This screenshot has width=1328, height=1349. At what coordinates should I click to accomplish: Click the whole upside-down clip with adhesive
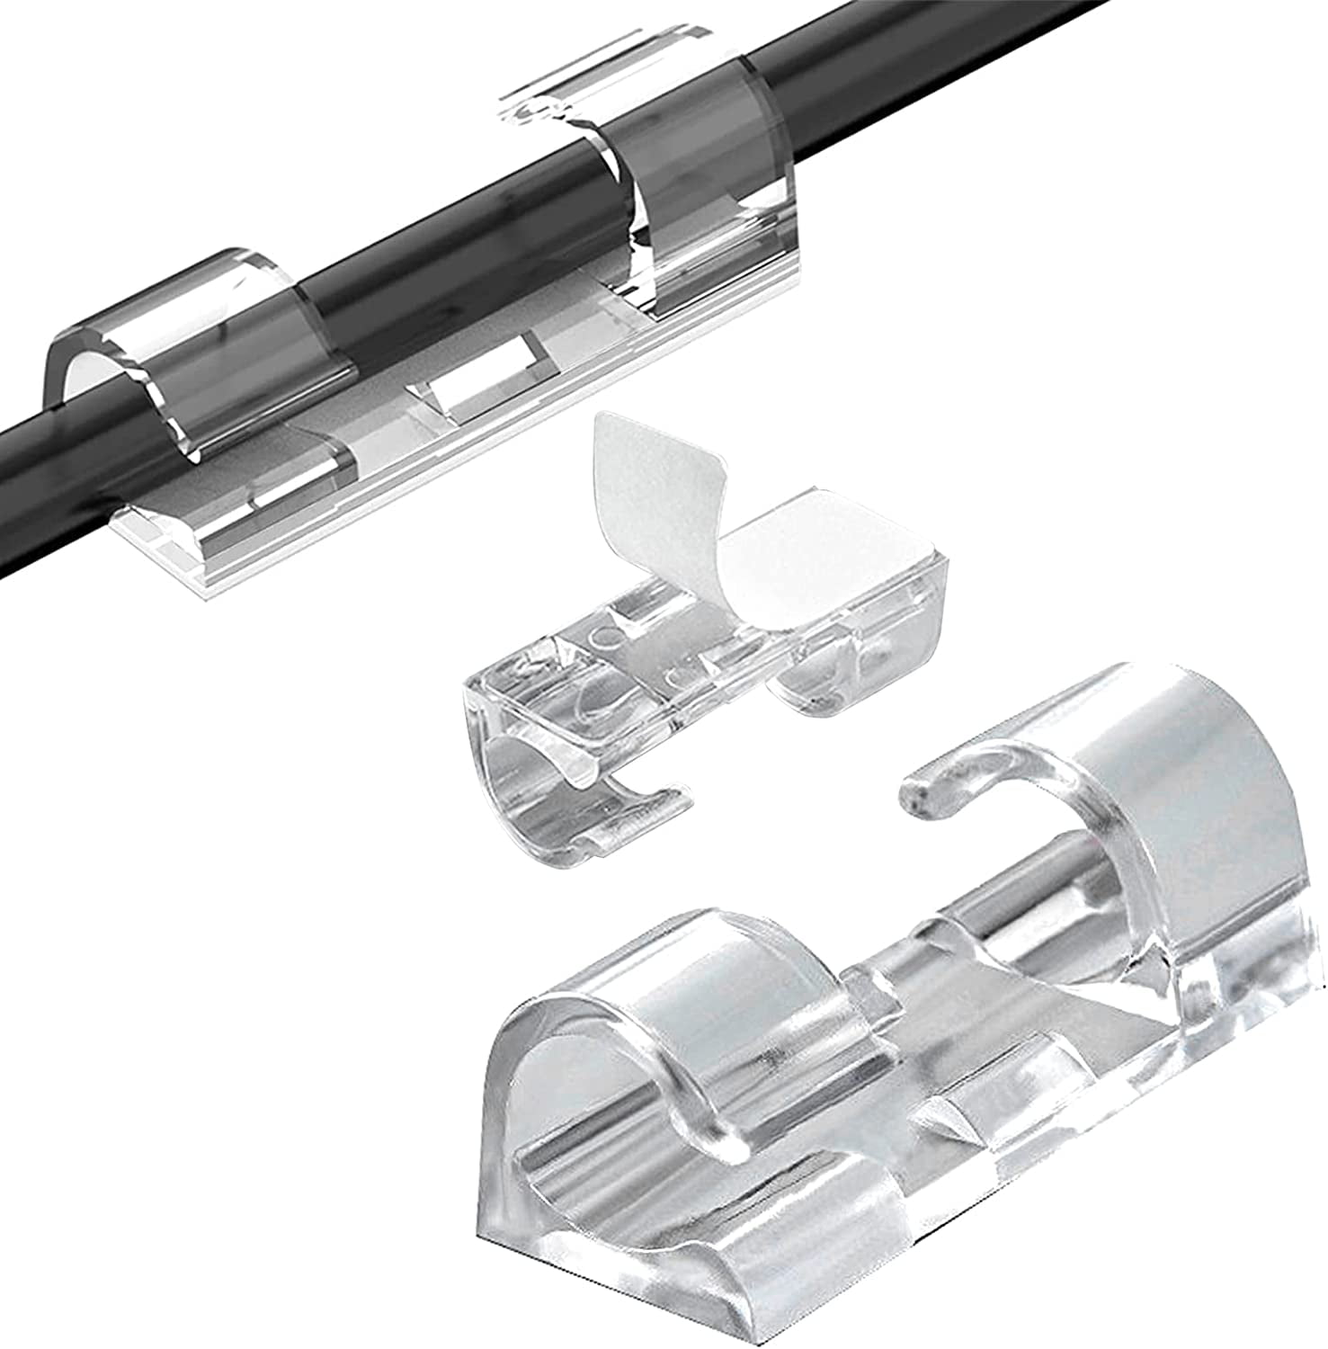[701, 674]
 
